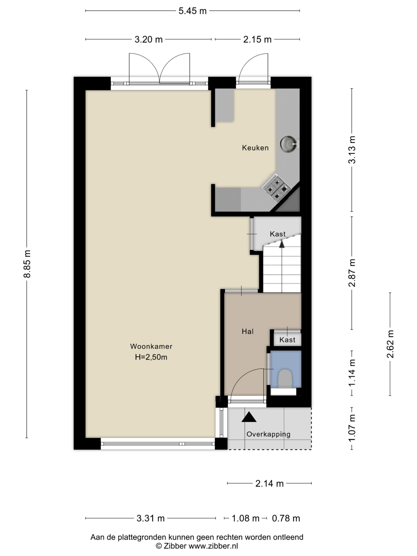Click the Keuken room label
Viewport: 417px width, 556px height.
[x=255, y=148]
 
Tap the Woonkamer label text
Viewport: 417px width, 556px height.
[x=151, y=346]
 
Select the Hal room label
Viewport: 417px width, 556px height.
[x=248, y=332]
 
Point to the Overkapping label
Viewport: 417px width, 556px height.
[x=268, y=434]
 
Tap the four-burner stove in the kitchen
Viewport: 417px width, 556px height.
[x=276, y=189]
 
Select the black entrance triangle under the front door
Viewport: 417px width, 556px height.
[x=249, y=417]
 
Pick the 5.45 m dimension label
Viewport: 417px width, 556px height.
[x=193, y=11]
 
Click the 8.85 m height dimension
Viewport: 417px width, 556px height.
[x=27, y=264]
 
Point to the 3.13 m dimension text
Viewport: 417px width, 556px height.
[x=352, y=150]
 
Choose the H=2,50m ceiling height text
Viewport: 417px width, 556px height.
[x=151, y=357]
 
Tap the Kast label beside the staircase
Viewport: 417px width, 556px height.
[x=278, y=234]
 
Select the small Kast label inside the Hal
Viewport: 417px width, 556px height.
[x=287, y=340]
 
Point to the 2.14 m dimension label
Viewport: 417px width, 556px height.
[x=270, y=484]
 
